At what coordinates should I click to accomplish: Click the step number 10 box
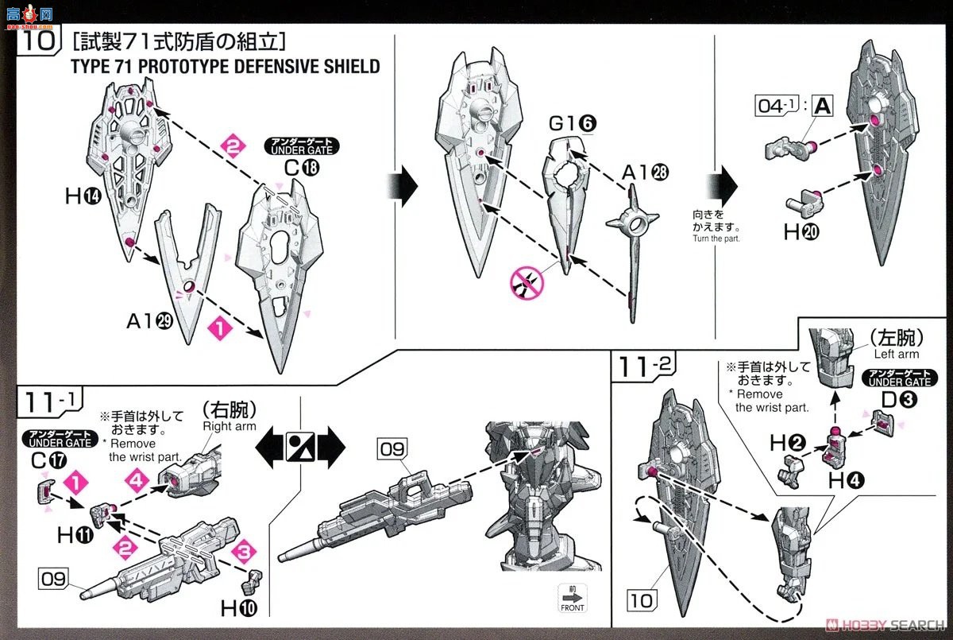35,40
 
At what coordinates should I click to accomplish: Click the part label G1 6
573,125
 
